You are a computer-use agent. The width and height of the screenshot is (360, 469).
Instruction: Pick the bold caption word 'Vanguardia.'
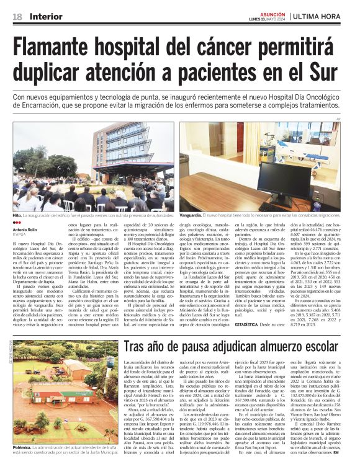pyautogui.click(x=194, y=215)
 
